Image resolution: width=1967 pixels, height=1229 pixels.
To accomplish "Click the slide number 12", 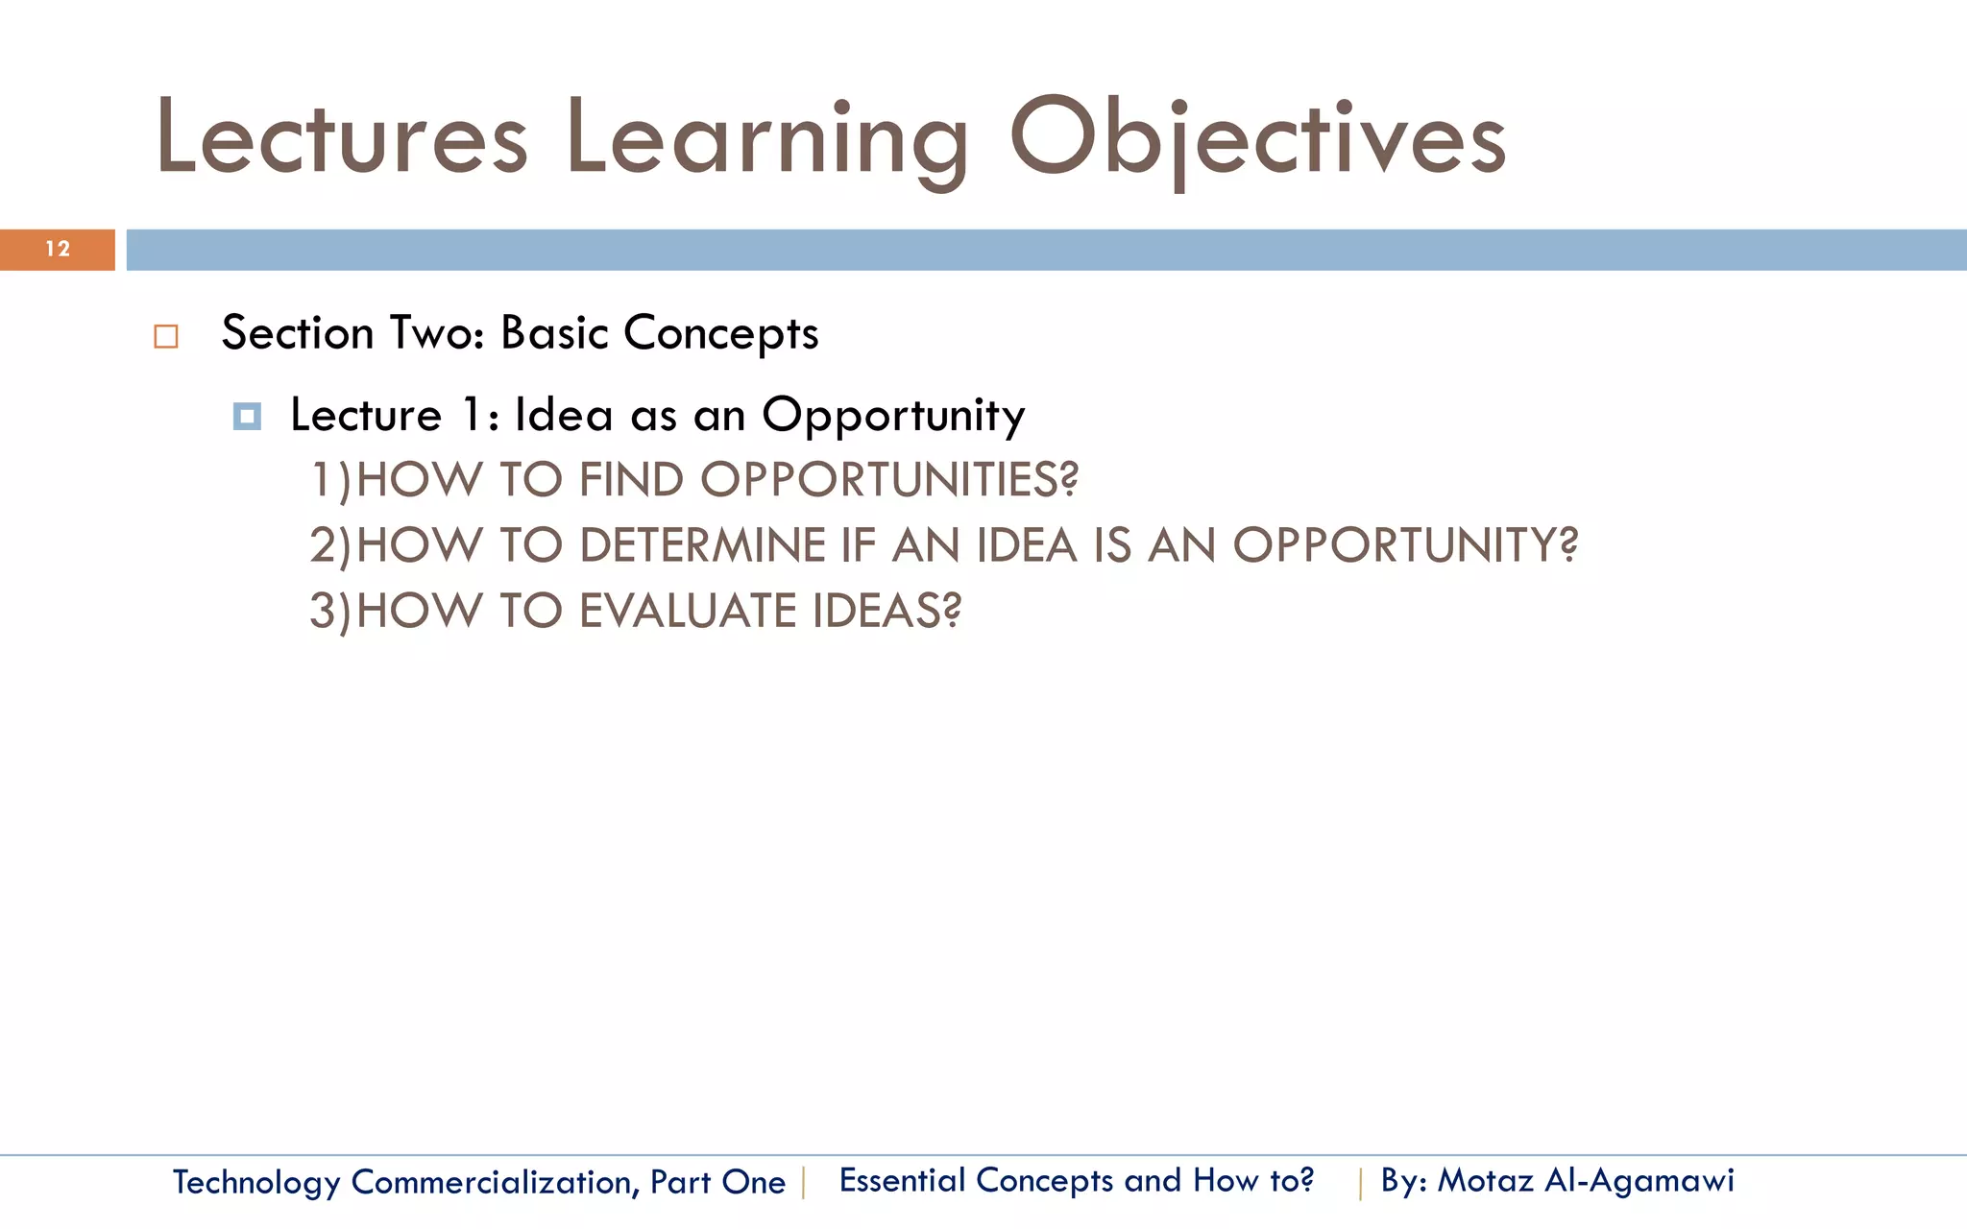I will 58,250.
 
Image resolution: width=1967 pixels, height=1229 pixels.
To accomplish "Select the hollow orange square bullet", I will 166,337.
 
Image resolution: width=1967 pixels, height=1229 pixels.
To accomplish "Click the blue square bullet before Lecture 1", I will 247,417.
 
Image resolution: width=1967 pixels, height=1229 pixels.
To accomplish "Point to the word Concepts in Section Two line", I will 720,334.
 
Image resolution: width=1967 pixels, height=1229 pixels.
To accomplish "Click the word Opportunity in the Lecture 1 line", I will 893,417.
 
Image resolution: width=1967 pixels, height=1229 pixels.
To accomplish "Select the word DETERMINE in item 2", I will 703,545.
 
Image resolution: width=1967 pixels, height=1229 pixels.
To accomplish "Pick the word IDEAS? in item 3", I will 886,611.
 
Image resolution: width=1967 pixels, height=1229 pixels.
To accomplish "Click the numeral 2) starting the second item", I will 330,545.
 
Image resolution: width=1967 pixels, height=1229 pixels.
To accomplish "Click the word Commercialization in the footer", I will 495,1182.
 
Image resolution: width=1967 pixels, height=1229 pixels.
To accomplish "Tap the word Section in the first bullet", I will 298,334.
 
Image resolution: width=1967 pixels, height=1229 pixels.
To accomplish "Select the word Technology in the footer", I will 256,1182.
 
